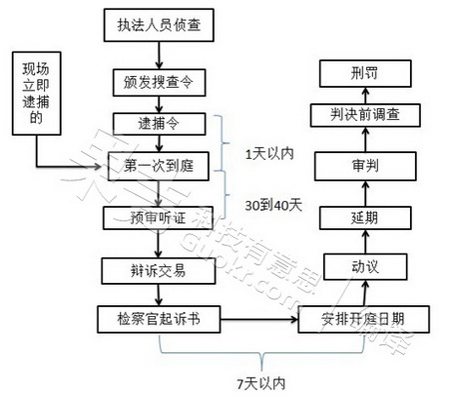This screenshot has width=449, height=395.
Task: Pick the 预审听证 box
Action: [157, 217]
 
